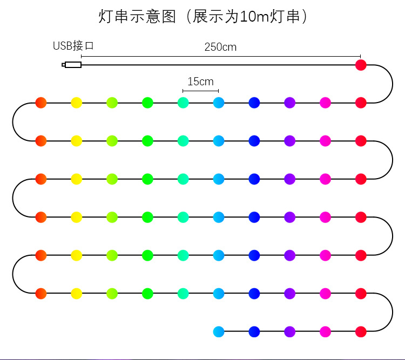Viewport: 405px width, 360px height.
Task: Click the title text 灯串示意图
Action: click(137, 16)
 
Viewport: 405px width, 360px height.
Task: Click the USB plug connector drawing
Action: click(72, 65)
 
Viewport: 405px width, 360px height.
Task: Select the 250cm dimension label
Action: click(220, 47)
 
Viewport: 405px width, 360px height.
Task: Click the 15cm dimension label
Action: click(200, 82)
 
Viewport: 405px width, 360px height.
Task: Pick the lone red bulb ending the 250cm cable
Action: click(361, 65)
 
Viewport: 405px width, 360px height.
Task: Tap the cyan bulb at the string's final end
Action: click(219, 331)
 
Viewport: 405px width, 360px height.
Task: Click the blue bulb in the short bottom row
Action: click(254, 331)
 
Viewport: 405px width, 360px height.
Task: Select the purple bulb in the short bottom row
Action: click(290, 331)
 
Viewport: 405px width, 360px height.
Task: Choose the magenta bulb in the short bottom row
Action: click(325, 331)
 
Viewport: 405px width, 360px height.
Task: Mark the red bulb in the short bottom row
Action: click(361, 331)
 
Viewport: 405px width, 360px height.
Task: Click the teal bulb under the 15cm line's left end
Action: click(183, 103)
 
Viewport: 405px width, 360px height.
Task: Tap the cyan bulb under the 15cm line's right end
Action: click(219, 103)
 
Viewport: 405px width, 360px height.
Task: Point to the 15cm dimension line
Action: click(201, 91)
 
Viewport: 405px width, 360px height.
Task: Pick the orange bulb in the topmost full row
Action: click(41, 103)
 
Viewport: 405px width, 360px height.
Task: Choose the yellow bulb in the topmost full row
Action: click(77, 103)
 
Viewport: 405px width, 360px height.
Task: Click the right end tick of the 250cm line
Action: click(360, 56)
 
